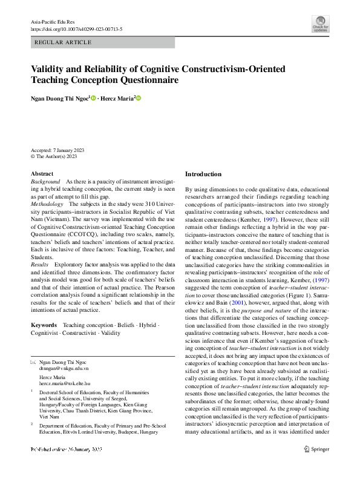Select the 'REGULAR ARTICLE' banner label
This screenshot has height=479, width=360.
(64, 42)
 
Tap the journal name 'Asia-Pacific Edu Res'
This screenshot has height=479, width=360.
(52, 22)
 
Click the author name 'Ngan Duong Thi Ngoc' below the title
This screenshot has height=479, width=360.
(60, 98)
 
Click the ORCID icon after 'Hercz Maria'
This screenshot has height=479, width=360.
(138, 98)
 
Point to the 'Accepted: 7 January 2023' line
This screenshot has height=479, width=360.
(57, 150)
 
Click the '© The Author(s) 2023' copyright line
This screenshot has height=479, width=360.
(54, 156)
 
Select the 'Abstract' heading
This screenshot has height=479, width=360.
(42, 174)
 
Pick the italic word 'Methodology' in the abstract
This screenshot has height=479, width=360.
(48, 205)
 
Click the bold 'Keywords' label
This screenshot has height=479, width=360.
(44, 325)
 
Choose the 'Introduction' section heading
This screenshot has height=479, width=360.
(203, 174)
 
